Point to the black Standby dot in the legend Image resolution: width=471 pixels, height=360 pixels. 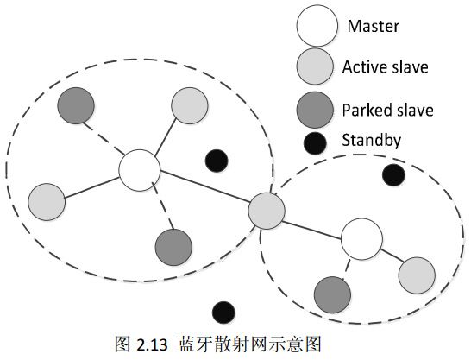click(316, 142)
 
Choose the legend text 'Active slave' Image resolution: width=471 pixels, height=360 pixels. click(385, 66)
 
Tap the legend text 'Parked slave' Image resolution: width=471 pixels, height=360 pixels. click(387, 111)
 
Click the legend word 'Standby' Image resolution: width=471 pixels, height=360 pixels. click(372, 138)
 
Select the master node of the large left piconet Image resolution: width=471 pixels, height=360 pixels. click(138, 170)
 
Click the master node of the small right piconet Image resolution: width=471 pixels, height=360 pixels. click(361, 238)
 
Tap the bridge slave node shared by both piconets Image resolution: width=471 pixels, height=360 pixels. click(267, 210)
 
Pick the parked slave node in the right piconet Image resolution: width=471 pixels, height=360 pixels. click(331, 294)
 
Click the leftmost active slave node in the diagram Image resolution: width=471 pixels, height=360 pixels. click(47, 200)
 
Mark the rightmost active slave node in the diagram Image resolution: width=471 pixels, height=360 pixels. click(416, 274)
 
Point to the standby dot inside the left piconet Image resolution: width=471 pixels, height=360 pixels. click(217, 159)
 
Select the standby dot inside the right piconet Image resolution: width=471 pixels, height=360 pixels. click(393, 175)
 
